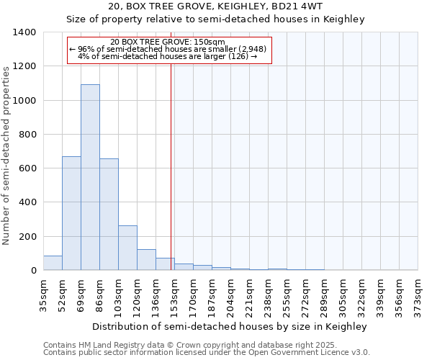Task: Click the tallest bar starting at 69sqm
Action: [x=90, y=177]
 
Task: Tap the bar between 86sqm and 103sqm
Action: [x=109, y=215]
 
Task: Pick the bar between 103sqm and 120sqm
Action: [x=127, y=248]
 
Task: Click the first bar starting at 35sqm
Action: [x=53, y=263]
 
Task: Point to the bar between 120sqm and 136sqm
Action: [x=146, y=260]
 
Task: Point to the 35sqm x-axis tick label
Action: [x=44, y=294]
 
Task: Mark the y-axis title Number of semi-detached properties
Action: [x=7, y=155]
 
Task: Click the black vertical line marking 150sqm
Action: [x=171, y=180]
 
